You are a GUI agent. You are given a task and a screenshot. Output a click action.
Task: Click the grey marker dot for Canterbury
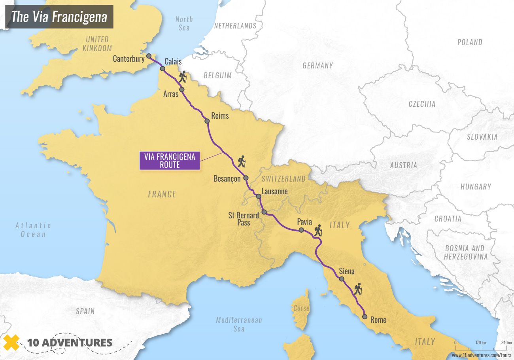coord(149,57)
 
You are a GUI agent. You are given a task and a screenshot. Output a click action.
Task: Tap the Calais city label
coord(173,62)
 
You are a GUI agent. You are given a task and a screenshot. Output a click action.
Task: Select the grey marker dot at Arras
coord(182,89)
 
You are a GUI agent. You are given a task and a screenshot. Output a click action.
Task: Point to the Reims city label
coord(220,116)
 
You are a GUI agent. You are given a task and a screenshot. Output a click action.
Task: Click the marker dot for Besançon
coord(246,178)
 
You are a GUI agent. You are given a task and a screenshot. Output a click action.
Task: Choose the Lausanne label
coord(274,191)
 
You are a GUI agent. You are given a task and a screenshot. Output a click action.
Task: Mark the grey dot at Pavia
coord(301,230)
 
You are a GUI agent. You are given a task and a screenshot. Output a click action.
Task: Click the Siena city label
coord(347,271)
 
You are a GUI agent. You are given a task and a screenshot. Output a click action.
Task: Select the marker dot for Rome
coord(365,316)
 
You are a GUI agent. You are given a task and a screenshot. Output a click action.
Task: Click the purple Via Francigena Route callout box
coord(170,161)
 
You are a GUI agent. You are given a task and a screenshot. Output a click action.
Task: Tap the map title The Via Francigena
coord(59,17)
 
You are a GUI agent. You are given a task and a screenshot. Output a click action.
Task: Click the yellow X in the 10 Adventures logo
coord(12,342)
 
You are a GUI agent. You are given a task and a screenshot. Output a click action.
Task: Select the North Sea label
coord(184,23)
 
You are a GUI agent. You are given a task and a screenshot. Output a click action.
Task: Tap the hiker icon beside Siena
coord(358,289)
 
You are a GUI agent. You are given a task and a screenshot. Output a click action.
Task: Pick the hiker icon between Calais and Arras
coord(182,77)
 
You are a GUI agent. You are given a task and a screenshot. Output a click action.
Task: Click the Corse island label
coord(301,308)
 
